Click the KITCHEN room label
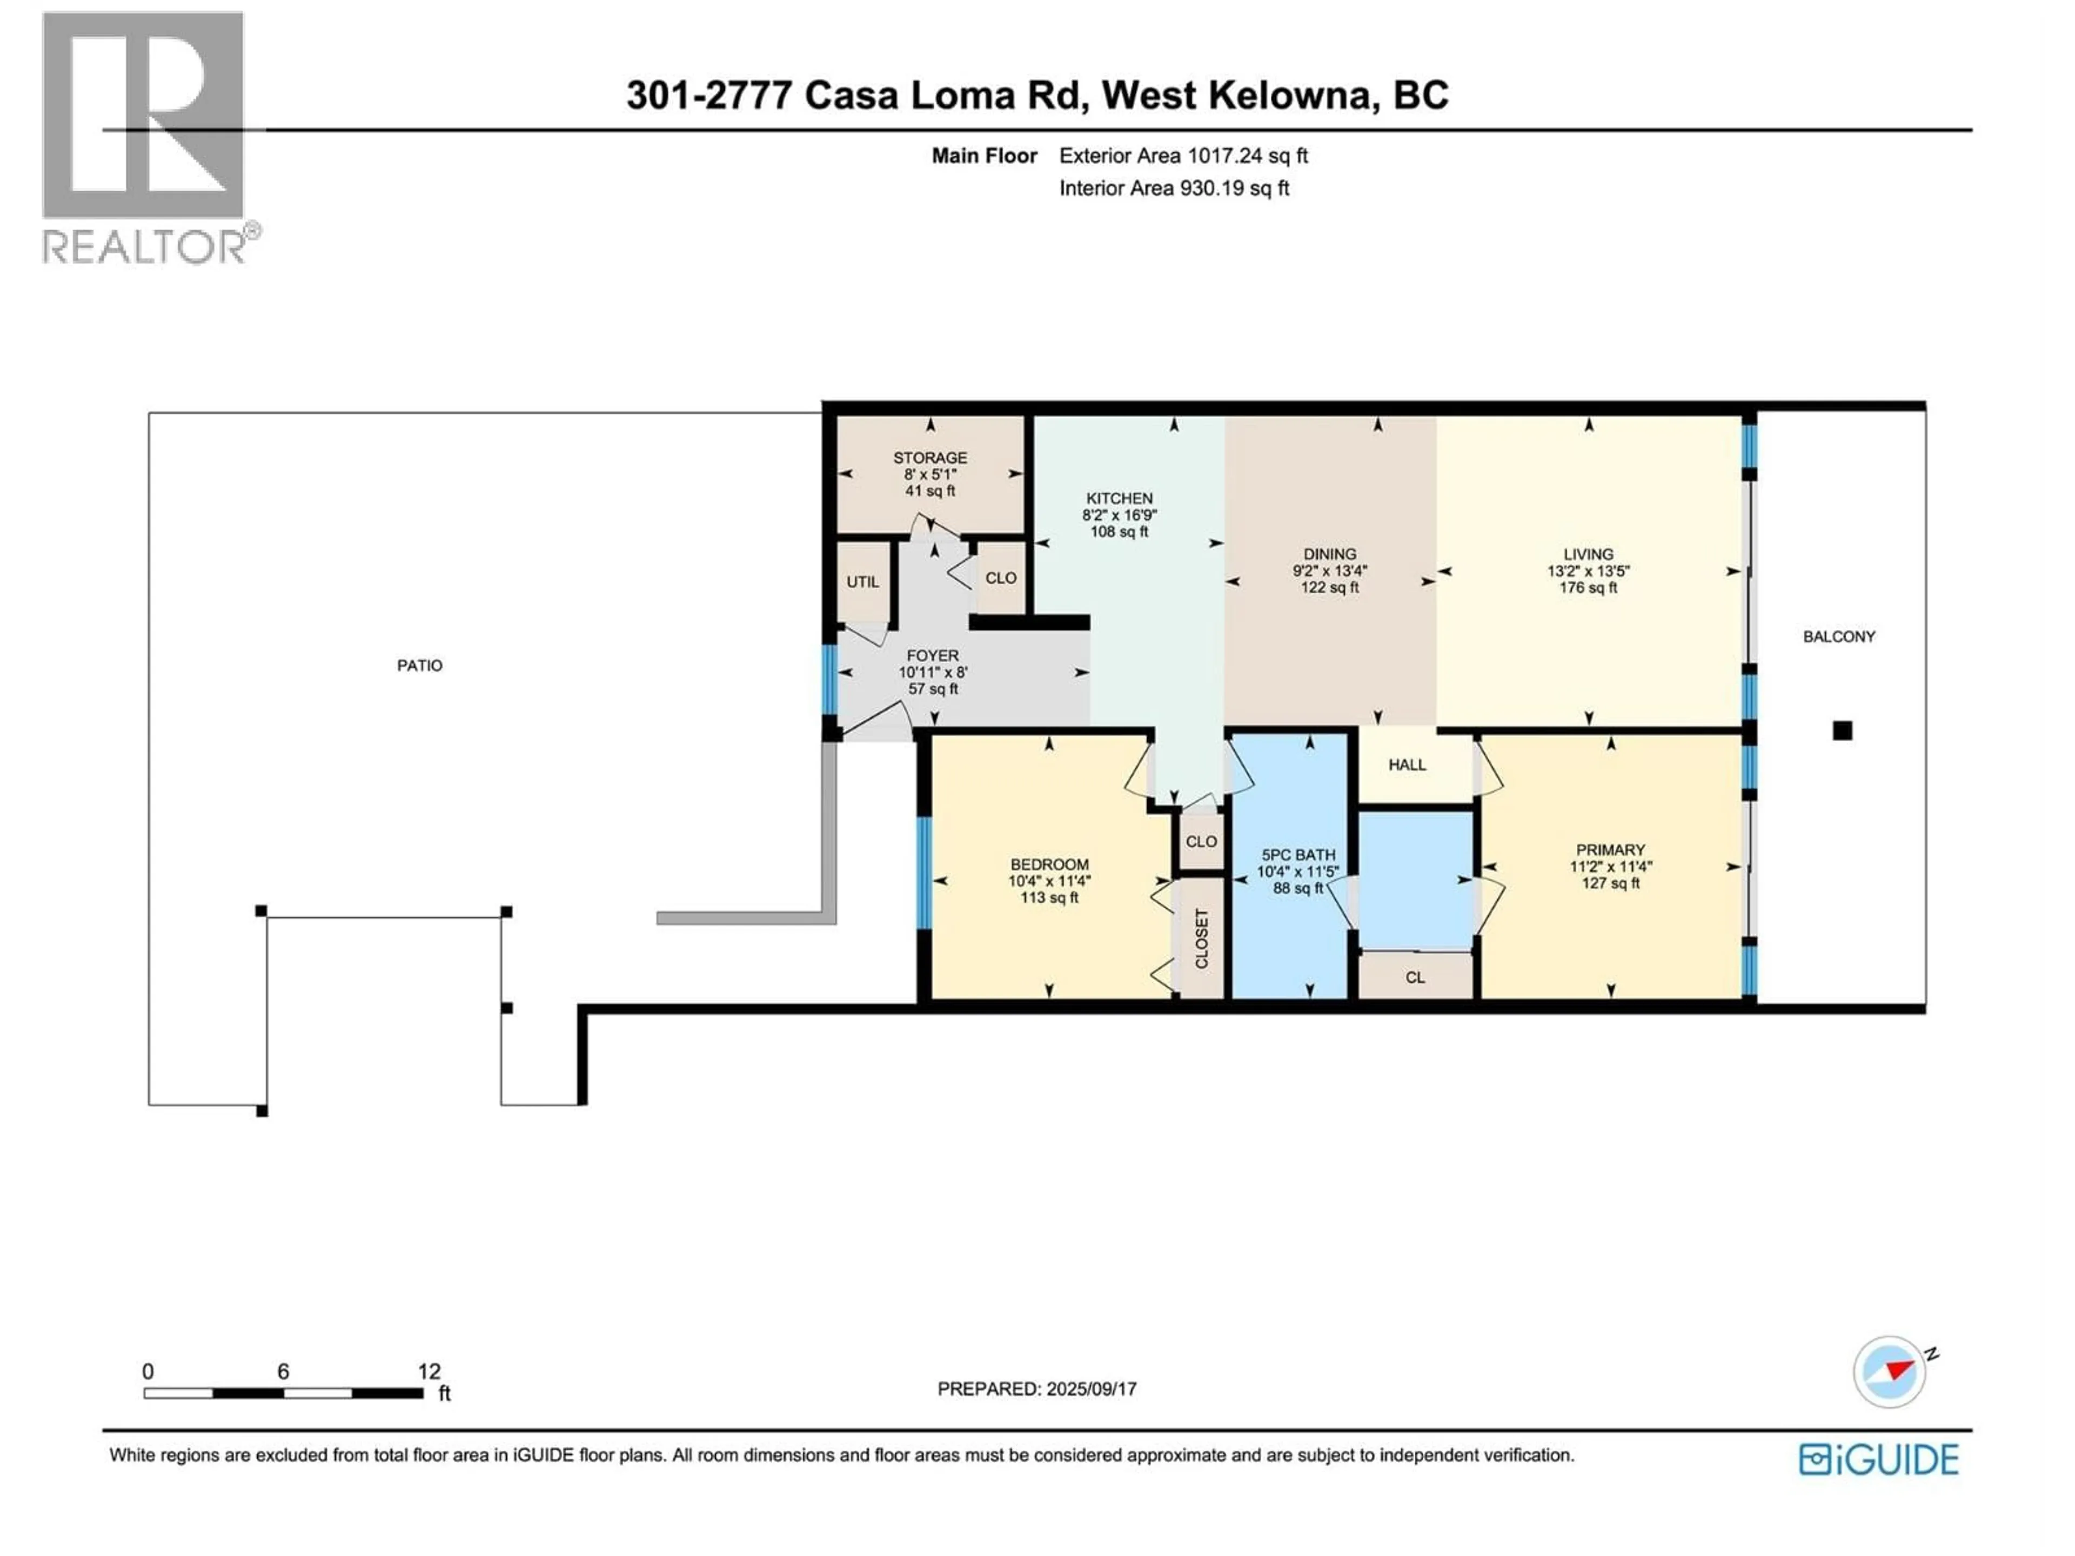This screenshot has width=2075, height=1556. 1119,498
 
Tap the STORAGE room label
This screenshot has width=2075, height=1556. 929,458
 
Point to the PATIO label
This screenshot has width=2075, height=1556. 419,665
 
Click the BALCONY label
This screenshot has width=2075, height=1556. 1839,636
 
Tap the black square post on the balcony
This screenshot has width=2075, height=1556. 1842,730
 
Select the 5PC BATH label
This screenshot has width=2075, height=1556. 1297,854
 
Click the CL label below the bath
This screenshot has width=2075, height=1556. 1415,977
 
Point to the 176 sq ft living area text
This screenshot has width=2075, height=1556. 1588,588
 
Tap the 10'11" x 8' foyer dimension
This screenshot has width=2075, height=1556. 933,673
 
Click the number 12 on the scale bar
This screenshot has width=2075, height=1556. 429,1371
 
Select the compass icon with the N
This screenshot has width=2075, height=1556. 1889,1371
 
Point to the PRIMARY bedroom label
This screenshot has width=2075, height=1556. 1610,850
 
